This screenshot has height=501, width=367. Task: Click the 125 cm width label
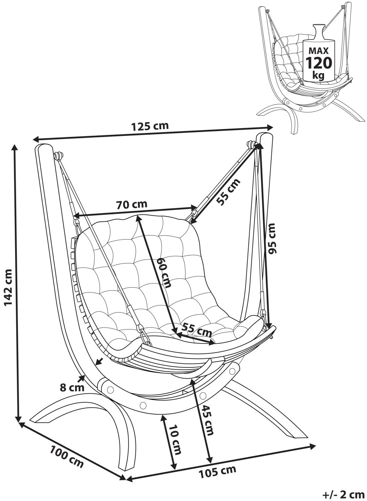point(150,126)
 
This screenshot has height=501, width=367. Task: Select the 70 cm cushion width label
point(131,204)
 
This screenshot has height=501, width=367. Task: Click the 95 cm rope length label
point(272,238)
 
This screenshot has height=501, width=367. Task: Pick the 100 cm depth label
point(67,456)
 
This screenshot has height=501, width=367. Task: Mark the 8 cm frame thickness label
point(72,387)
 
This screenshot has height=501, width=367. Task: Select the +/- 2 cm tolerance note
point(343,494)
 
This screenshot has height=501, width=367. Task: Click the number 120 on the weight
point(319,63)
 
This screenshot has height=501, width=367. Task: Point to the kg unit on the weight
point(318,75)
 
